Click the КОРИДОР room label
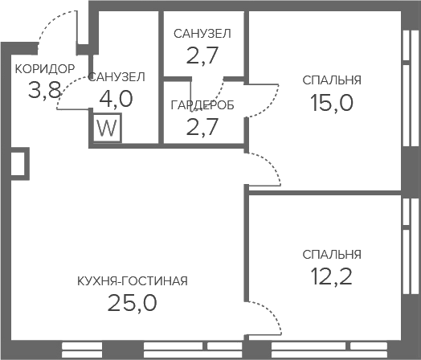(44, 69)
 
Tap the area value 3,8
(45, 90)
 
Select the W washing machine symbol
(108, 128)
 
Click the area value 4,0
(116, 99)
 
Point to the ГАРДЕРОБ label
(202, 105)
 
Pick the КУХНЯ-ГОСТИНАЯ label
(133, 281)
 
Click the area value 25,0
(133, 303)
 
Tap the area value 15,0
(332, 103)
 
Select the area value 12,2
(332, 276)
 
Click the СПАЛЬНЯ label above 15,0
(332, 80)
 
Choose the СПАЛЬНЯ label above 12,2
(332, 254)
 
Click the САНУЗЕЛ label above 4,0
(116, 77)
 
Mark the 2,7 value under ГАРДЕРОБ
(202, 127)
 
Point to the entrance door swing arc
(55, 18)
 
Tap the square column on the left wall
(19, 163)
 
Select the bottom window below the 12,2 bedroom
(329, 350)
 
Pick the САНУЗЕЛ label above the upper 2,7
(202, 34)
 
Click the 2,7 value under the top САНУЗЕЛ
(202, 55)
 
